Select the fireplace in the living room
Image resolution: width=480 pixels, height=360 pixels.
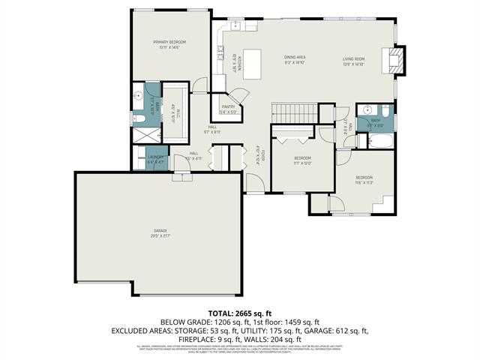pos(395,60)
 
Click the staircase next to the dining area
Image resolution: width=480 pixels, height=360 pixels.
pos(286,112)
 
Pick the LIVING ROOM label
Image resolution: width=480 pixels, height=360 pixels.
pos(353,59)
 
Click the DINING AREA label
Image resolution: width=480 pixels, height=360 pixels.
pos(294,59)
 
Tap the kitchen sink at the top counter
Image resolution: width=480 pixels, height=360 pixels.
pos(234,25)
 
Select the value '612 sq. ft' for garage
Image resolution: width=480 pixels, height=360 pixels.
pos(349,330)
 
